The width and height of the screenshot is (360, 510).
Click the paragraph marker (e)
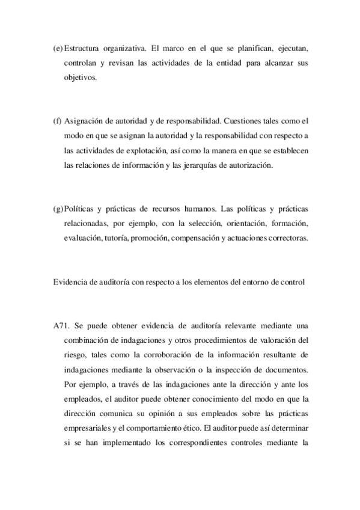tap(58, 48)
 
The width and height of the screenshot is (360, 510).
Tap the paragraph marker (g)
tap(58, 209)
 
